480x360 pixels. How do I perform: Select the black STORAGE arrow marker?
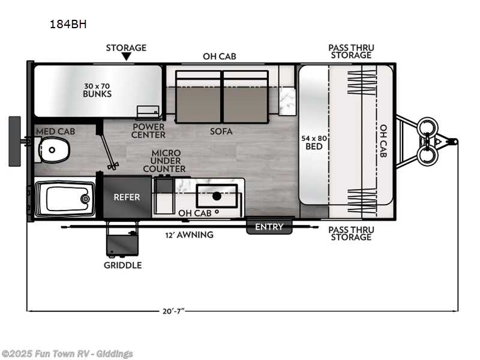point(126,57)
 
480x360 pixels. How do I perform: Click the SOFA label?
point(221,131)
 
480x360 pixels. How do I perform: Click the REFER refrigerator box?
point(127,197)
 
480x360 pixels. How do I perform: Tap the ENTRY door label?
point(269,227)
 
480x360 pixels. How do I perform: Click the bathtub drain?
point(85,198)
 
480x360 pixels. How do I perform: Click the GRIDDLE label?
point(122,265)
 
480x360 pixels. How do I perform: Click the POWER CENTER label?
point(148,131)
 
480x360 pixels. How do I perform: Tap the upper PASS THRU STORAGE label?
point(350,52)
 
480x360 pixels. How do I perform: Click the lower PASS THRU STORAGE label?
point(350,233)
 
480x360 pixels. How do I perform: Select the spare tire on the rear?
point(15,142)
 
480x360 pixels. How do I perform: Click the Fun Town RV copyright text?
point(67,354)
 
